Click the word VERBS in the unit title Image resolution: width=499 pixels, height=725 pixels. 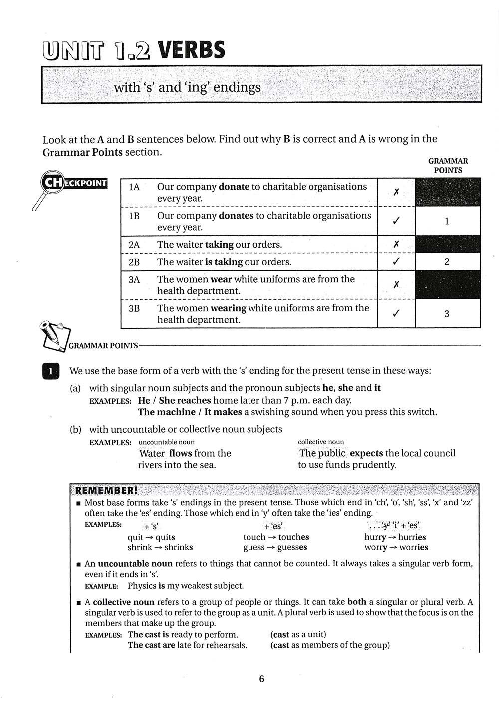pos(191,50)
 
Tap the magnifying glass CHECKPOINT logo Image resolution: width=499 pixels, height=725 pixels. pos(70,183)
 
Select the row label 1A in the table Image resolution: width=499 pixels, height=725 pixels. pos(134,187)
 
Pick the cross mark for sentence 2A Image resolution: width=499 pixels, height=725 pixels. pos(396,244)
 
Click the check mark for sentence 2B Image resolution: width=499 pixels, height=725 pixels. pos(396,262)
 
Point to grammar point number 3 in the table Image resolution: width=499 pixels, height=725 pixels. pos(447,314)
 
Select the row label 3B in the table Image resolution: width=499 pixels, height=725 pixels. pos(134,308)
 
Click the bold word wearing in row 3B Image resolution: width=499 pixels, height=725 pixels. pos(228,308)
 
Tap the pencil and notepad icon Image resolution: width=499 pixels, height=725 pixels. pos(54,335)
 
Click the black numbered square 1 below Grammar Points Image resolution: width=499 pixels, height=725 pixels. pos(51,371)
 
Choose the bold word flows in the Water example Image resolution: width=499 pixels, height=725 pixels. pos(180,453)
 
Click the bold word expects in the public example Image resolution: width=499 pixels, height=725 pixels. pos(366,453)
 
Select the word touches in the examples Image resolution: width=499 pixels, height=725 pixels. pos(293,537)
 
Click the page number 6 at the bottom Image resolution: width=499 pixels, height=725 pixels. pos(261,679)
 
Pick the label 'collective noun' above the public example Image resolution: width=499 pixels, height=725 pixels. pos(321,442)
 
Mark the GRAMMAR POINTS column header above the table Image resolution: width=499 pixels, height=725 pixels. pos(448,166)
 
